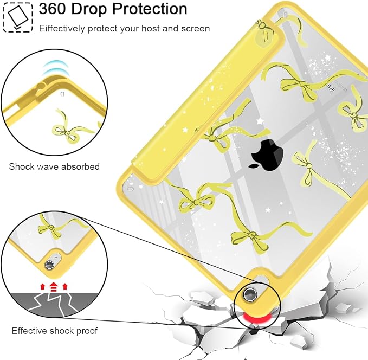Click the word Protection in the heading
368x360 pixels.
point(150,9)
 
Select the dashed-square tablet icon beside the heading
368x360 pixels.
point(17,17)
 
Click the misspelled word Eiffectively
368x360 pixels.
point(62,29)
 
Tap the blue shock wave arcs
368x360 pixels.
point(56,67)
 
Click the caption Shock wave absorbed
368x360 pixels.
point(54,166)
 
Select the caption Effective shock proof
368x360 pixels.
point(54,331)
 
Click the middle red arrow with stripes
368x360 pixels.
point(54,286)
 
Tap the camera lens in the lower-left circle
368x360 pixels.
point(50,265)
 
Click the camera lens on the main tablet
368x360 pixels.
point(250,293)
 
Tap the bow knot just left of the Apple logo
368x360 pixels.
point(211,138)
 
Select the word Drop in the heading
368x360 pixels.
point(89,9)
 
